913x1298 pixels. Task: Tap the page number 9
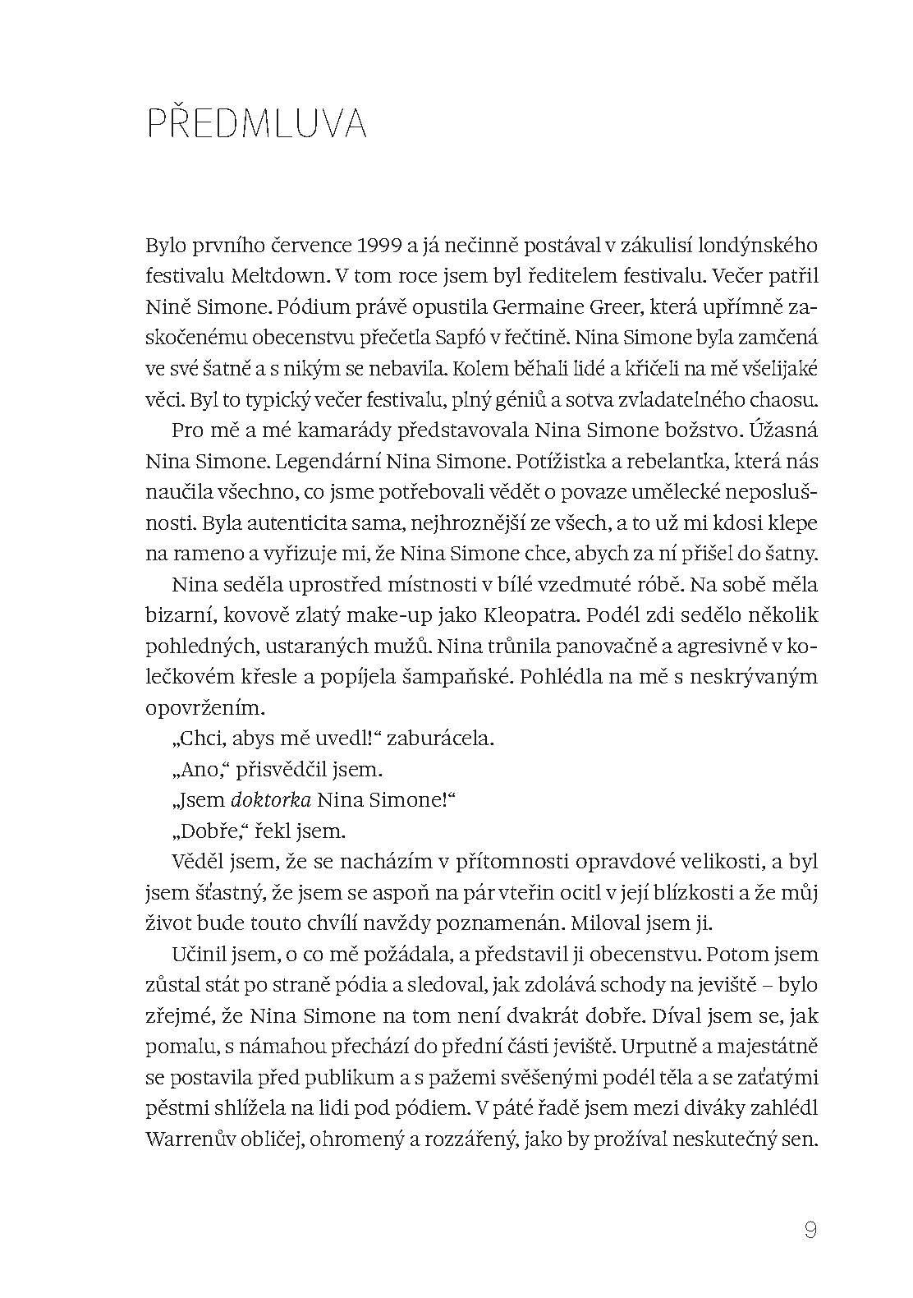pyautogui.click(x=810, y=1208)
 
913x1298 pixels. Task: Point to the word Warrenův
pyautogui.click(x=189, y=1139)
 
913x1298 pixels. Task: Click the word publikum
pyautogui.click(x=373, y=1077)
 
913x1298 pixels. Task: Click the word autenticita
pyautogui.click(x=273, y=522)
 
